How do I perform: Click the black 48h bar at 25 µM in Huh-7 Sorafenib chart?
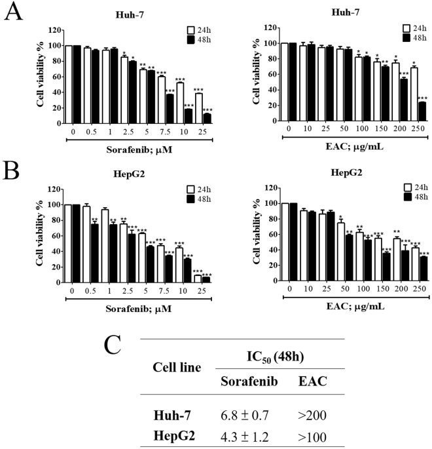point(207,118)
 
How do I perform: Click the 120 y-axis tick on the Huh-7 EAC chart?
point(267,29)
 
